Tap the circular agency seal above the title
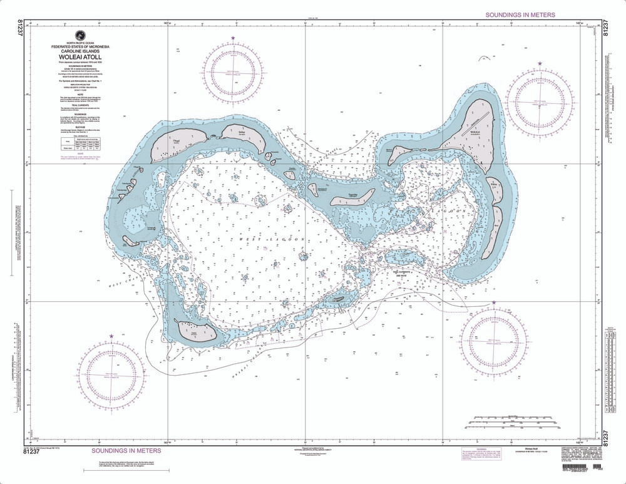point(80,35)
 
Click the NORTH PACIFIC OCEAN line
point(80,43)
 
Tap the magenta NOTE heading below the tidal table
point(80,153)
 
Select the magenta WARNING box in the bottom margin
point(496,452)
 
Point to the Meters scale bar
point(513,431)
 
